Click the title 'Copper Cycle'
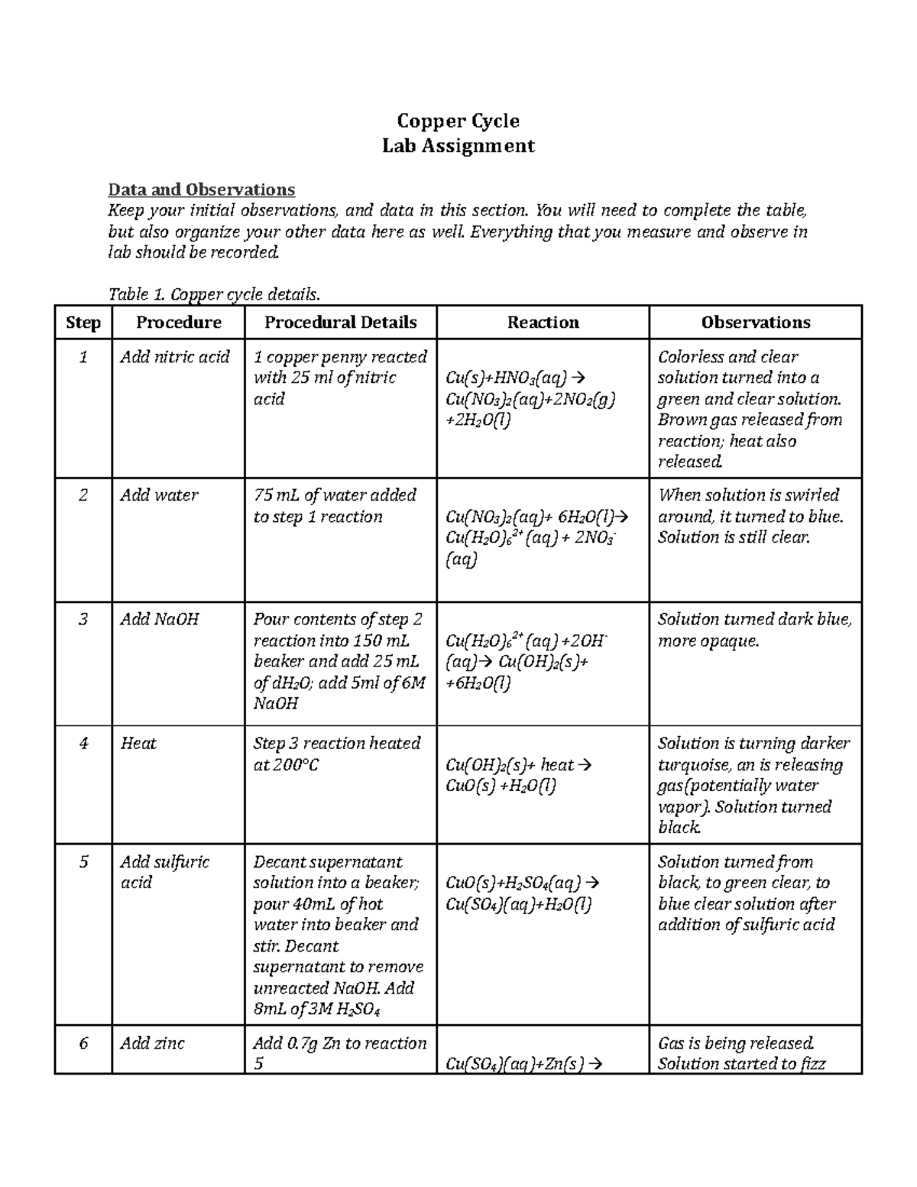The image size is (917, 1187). pos(458,121)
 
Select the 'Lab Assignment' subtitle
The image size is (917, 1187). pos(458,146)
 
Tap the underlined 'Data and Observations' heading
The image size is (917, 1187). pos(202,190)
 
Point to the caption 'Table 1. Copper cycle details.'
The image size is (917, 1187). pos(215,294)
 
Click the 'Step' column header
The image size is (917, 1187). pos(83,323)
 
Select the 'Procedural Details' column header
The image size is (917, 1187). pos(340,323)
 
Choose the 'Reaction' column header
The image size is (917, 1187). pos(543,323)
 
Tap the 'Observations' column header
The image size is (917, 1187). pos(755,323)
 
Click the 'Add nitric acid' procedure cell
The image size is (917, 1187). pos(175,357)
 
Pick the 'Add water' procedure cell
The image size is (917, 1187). pos(159,495)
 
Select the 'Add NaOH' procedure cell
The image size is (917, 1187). pos(160,619)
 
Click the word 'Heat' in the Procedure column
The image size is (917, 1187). pos(138,744)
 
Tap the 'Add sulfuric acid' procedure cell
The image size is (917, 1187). pos(164,872)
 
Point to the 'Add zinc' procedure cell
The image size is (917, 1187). pos(152,1043)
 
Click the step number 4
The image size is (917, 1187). pos(83,744)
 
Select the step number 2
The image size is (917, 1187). pos(83,495)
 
